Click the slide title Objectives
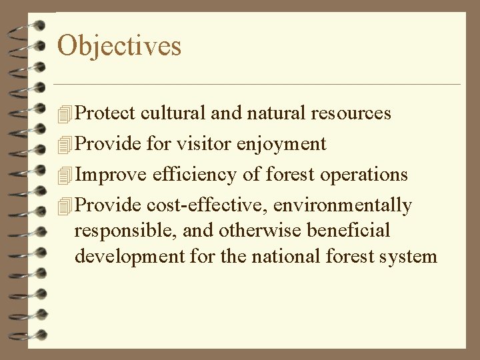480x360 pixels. click(x=119, y=46)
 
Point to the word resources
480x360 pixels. click(x=351, y=114)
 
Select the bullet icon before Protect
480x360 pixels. click(x=63, y=115)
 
